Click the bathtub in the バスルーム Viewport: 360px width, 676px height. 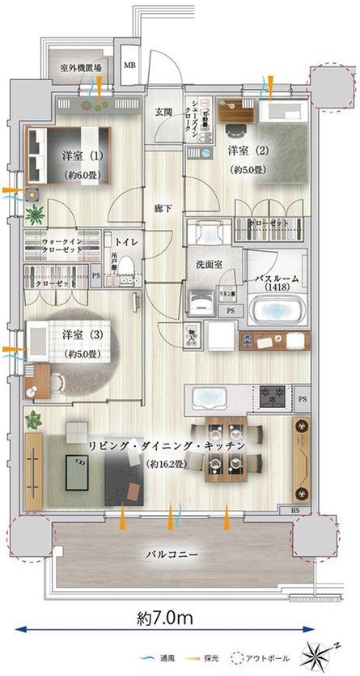tap(277, 310)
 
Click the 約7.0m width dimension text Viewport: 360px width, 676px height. tap(164, 618)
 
